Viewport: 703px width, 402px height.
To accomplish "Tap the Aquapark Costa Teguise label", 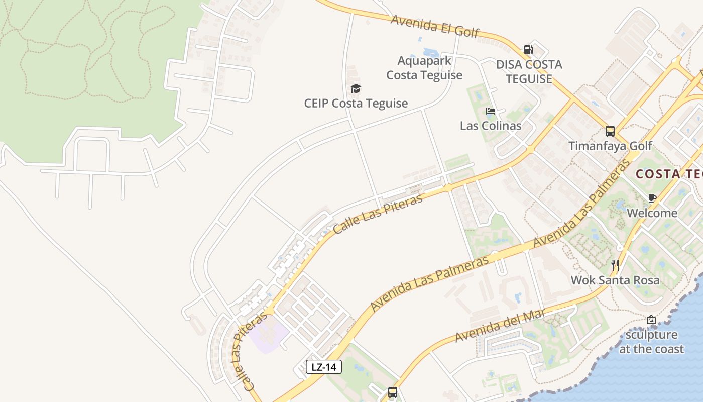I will (424, 68).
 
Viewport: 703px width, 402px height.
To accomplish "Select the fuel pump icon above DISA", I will (528, 49).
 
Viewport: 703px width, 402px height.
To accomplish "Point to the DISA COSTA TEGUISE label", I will (529, 72).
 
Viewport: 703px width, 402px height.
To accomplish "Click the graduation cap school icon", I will (356, 89).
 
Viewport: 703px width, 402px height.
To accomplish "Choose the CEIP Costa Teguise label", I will (356, 104).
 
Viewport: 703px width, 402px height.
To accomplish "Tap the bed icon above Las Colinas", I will (491, 111).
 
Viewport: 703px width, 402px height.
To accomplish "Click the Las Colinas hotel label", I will (491, 126).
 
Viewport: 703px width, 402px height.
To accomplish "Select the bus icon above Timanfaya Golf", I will (610, 131).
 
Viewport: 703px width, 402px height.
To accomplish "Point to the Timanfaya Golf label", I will (610, 146).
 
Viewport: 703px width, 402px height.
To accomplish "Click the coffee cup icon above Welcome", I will (652, 198).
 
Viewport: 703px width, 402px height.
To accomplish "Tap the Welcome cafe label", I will (652, 213).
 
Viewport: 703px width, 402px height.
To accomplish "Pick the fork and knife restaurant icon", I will (615, 265).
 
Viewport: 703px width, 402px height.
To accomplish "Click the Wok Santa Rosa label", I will (615, 280).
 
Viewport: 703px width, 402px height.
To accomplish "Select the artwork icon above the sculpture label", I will (651, 320).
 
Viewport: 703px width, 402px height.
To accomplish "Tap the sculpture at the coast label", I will (651, 342).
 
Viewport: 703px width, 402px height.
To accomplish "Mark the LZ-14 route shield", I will (324, 367).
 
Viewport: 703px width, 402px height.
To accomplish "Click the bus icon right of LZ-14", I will (393, 392).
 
